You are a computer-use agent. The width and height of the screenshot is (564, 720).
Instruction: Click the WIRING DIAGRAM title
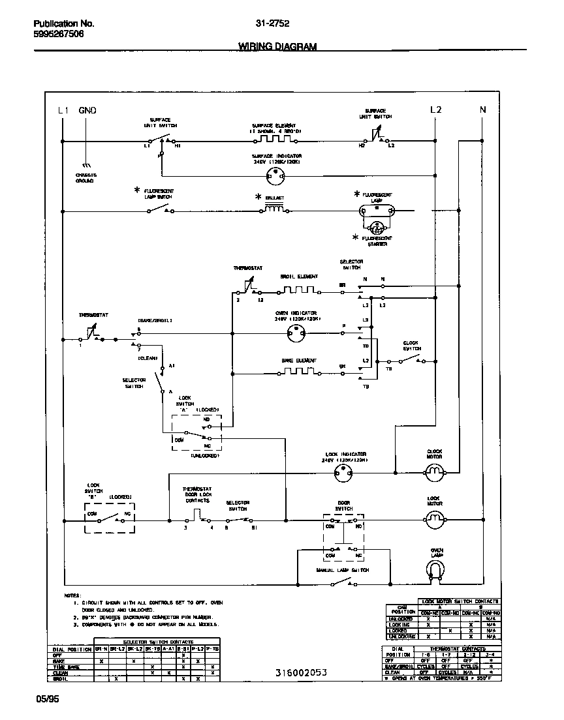pyautogui.click(x=277, y=46)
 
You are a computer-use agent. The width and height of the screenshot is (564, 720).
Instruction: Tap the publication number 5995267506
pyautogui.click(x=59, y=34)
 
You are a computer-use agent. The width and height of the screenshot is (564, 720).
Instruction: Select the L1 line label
pyautogui.click(x=63, y=110)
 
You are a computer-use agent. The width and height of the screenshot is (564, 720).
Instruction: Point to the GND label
pyautogui.click(x=87, y=110)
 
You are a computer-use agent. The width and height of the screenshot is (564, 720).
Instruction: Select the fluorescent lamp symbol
pyautogui.click(x=377, y=211)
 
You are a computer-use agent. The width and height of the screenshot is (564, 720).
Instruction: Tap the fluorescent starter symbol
pyautogui.click(x=377, y=228)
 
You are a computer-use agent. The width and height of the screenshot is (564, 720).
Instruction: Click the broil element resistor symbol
pyautogui.click(x=298, y=290)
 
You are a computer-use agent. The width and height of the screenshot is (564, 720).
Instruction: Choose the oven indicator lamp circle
pyautogui.click(x=298, y=333)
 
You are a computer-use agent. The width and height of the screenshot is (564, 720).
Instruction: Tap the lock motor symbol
pyautogui.click(x=435, y=519)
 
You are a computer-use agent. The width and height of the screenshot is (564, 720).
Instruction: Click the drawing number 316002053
pyautogui.click(x=300, y=672)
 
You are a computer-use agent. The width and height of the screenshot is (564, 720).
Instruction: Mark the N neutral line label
pyautogui.click(x=483, y=110)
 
